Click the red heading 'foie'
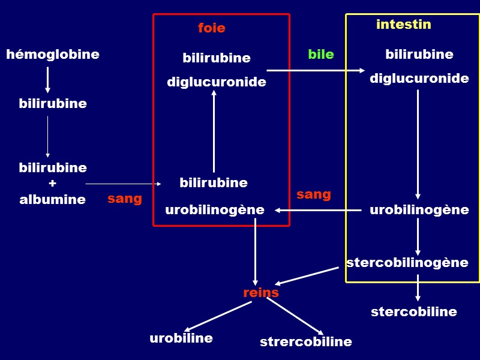[211, 28]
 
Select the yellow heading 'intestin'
[403, 25]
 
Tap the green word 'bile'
[320, 55]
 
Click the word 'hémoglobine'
[53, 55]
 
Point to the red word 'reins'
[260, 293]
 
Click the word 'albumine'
[52, 200]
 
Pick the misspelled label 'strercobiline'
[305, 342]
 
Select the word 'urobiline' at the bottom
[181, 338]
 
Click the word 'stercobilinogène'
[407, 262]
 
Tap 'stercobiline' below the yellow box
[413, 312]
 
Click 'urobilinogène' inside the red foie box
[214, 210]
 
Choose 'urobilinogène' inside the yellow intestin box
[419, 210]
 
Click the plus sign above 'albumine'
[52, 183]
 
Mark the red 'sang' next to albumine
[124, 199]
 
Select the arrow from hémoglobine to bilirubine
[47, 79]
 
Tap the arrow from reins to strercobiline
[295, 316]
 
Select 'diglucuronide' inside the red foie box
[216, 82]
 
